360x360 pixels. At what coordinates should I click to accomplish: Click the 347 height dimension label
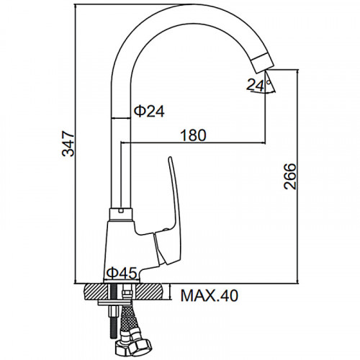coord(68,143)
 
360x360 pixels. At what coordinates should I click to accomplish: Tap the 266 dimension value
coord(289,176)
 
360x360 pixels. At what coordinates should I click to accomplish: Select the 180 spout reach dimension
coord(193,135)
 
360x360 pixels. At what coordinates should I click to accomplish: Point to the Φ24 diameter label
coord(149,112)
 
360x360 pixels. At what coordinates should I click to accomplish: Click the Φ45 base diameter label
coord(122,273)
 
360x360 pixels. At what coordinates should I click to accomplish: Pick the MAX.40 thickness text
coord(210,295)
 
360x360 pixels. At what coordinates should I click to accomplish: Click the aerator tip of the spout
coord(263,63)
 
